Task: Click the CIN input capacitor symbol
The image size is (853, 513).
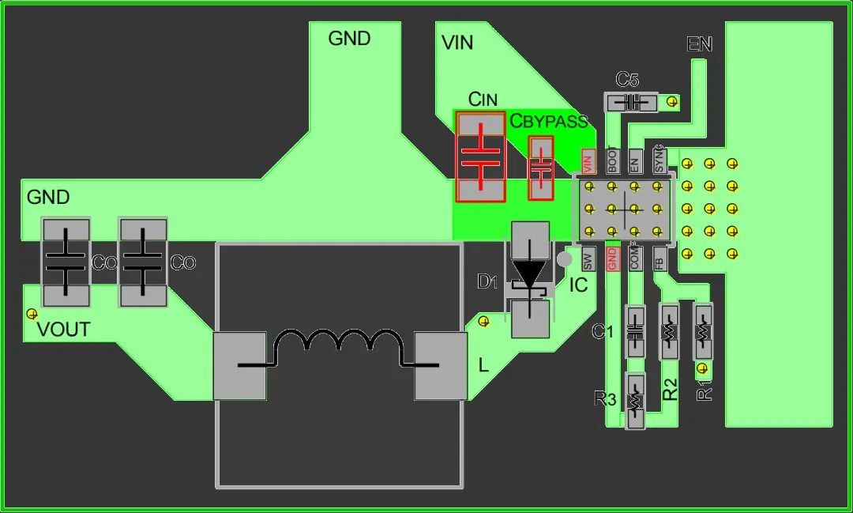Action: [x=480, y=157]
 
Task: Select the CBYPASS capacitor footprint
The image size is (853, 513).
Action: [x=541, y=168]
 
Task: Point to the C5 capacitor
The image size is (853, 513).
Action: [x=631, y=102]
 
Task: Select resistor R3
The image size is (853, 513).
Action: [x=635, y=401]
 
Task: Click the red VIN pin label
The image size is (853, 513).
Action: [x=587, y=163]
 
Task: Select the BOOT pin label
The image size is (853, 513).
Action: [x=611, y=161]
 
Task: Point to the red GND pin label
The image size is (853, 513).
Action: [x=611, y=259]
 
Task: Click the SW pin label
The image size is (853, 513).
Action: [x=587, y=259]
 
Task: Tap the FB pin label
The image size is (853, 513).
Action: [x=659, y=259]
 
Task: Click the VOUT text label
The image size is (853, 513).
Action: [x=64, y=330]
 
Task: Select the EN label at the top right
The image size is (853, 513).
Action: [x=700, y=45]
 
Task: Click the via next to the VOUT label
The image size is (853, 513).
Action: [x=32, y=314]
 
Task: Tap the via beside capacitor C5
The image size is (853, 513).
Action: [x=672, y=101]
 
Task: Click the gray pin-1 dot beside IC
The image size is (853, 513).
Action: [x=564, y=259]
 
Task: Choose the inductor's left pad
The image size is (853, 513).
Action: [x=240, y=365]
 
